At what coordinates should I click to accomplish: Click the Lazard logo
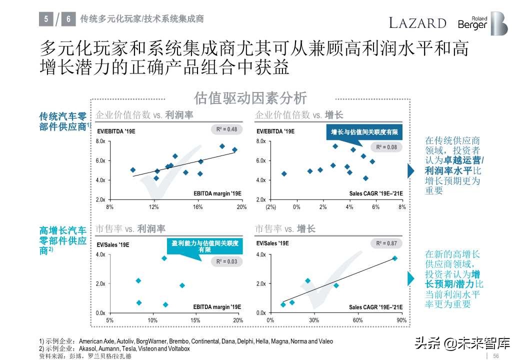click(x=417, y=23)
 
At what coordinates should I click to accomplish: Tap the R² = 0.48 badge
click(x=226, y=129)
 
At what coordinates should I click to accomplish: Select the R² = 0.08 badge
click(x=386, y=147)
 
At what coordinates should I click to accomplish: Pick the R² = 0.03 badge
click(x=226, y=261)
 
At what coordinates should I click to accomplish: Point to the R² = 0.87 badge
click(x=386, y=243)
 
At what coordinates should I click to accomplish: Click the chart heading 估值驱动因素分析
click(x=250, y=98)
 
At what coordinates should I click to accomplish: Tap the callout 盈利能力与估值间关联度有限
click(x=204, y=246)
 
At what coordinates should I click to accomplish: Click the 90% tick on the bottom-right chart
click(x=401, y=320)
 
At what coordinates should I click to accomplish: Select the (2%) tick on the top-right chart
click(x=270, y=207)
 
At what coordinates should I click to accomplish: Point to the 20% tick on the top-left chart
click(x=241, y=207)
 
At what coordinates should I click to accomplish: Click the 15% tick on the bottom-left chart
click(x=195, y=320)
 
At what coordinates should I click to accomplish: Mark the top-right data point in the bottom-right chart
click(x=394, y=258)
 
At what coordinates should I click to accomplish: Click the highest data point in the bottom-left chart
click(x=164, y=258)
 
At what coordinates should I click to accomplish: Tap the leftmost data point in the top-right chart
click(x=284, y=173)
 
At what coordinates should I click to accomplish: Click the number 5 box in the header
click(x=46, y=19)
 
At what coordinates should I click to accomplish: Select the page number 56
click(x=496, y=355)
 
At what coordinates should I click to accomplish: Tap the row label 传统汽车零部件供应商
click(x=63, y=121)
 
